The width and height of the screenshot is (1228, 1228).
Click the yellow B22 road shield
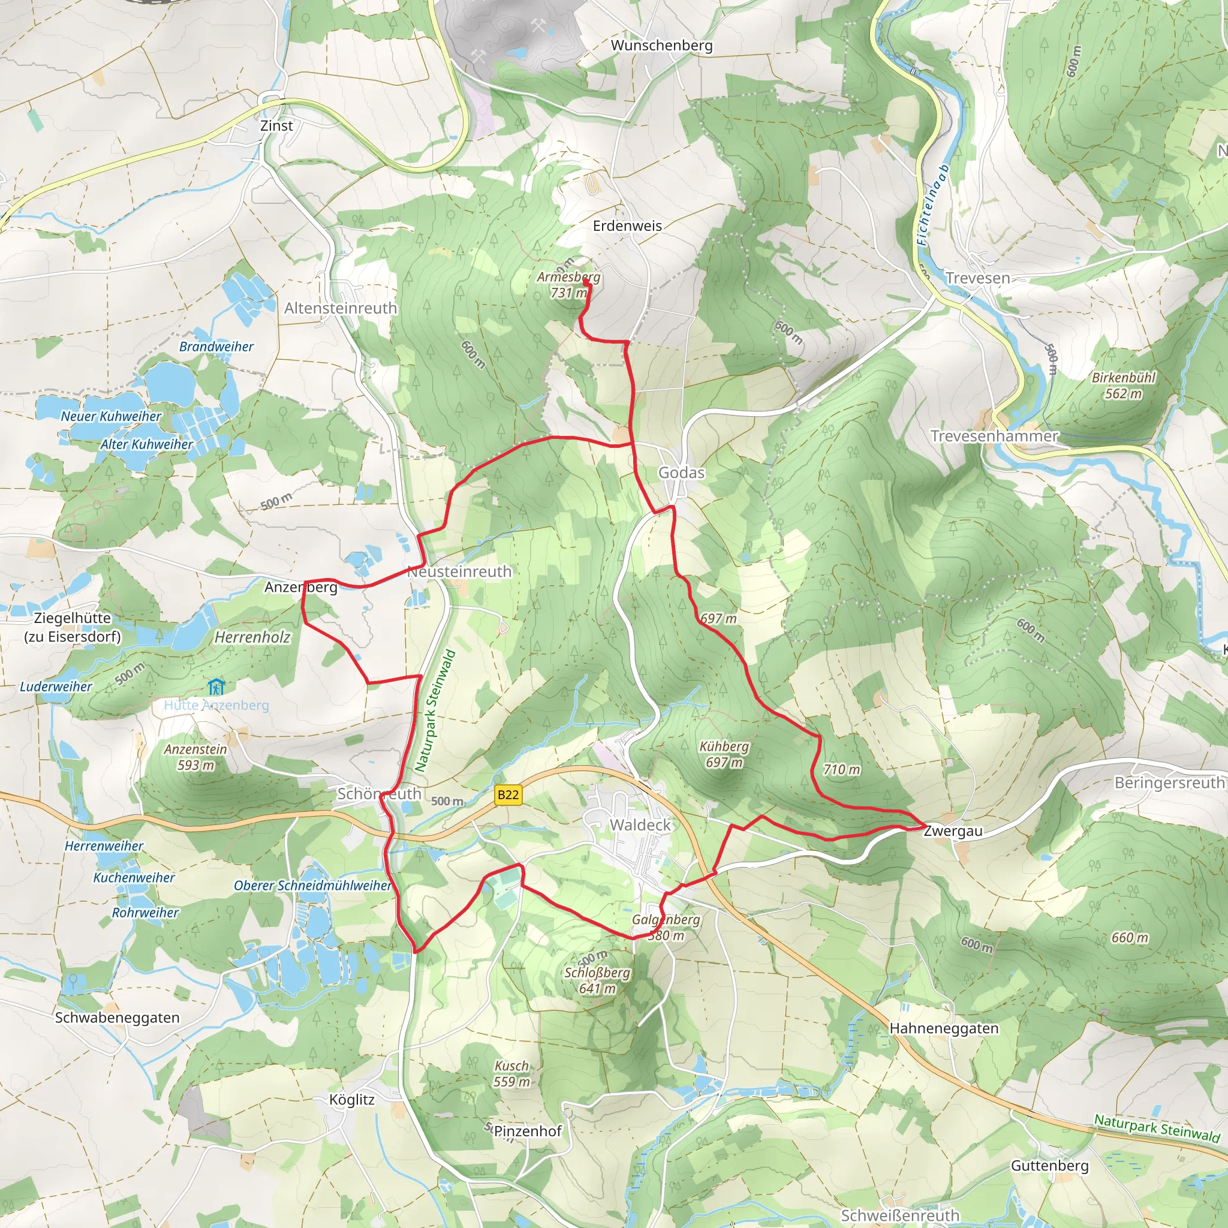[x=508, y=794]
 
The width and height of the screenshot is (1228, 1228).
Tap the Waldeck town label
[x=640, y=825]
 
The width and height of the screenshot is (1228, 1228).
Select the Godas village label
[x=681, y=472]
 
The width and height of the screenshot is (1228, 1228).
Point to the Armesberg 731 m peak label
[x=568, y=285]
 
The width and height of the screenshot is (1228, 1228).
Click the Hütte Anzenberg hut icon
[x=216, y=687]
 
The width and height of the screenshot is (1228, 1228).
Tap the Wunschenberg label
[x=662, y=45]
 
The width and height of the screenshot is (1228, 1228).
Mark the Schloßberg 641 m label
[x=597, y=980]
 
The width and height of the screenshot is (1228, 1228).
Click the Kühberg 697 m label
[x=724, y=754]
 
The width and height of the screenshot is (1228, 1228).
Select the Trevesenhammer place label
[x=994, y=436]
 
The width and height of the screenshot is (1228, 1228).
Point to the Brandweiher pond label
[x=216, y=347]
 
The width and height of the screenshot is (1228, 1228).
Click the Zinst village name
[x=276, y=126]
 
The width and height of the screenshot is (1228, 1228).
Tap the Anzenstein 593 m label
[x=195, y=757]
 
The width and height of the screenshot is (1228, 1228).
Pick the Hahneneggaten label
[x=944, y=1028]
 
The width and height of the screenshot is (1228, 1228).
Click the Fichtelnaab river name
[x=932, y=204]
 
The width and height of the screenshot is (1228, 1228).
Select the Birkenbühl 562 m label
[x=1123, y=385]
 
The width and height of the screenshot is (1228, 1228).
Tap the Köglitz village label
[x=351, y=1100]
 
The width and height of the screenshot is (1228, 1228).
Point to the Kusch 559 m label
[x=511, y=1073]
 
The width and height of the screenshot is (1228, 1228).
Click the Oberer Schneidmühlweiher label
[x=312, y=886]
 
